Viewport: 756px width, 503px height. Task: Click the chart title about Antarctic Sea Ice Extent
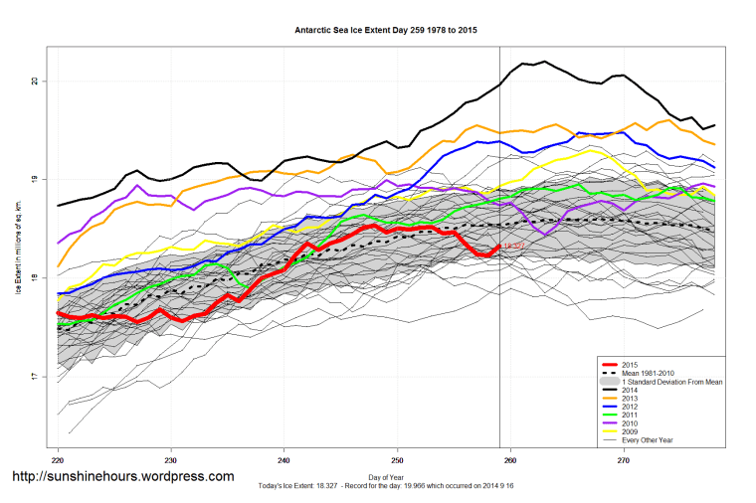click(386, 31)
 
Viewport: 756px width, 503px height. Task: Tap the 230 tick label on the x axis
click(171, 461)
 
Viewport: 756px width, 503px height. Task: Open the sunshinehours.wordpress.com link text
click(122, 476)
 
